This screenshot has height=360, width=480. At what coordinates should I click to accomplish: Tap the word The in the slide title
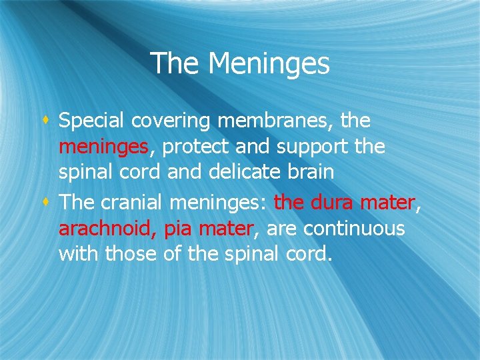pyautogui.click(x=175, y=64)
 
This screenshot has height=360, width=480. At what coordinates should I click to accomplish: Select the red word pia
pyautogui.click(x=177, y=229)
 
